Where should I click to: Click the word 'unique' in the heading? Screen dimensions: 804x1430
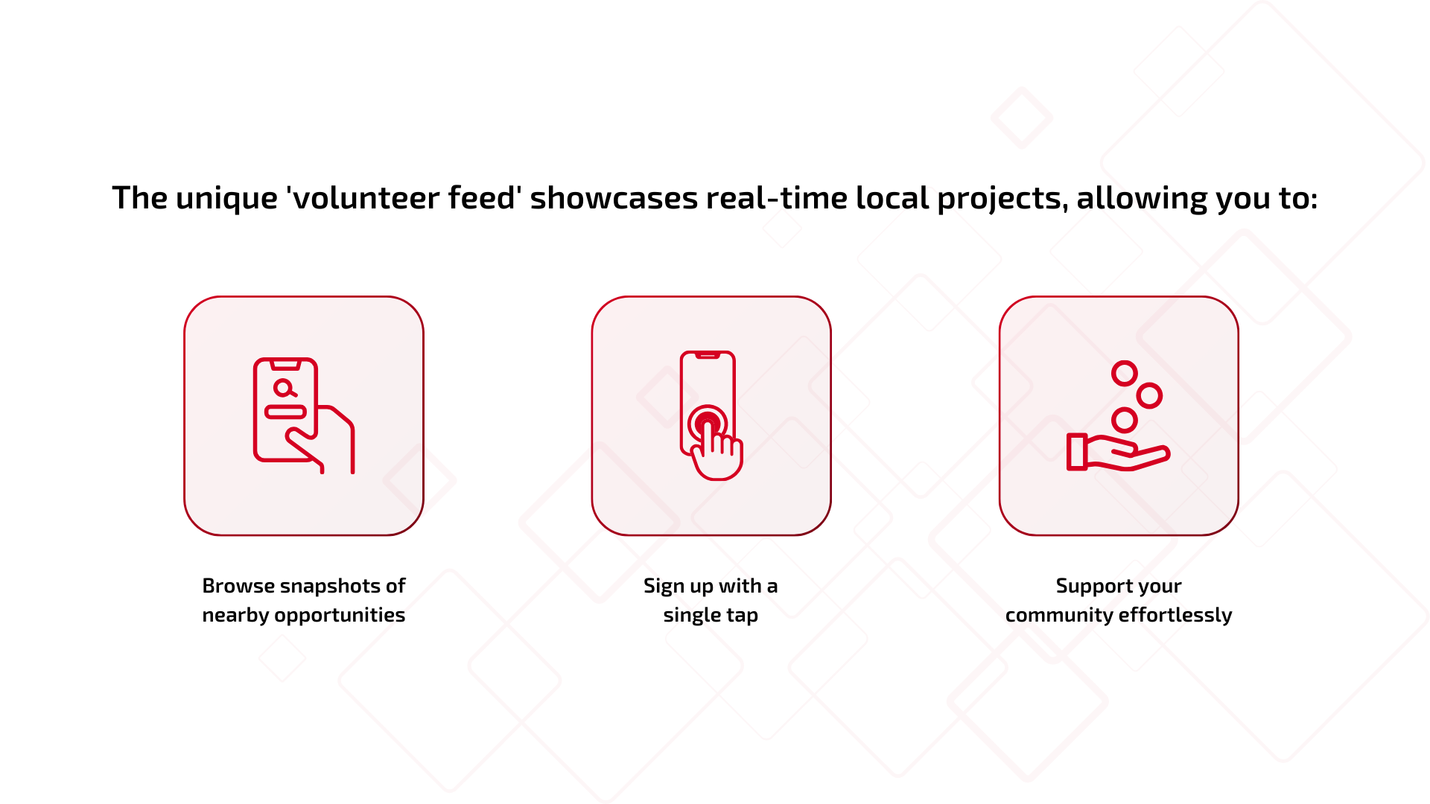226,199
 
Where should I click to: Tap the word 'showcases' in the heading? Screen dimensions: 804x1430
614,199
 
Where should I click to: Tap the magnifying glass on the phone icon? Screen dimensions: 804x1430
284,388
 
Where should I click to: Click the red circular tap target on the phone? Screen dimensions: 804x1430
707,424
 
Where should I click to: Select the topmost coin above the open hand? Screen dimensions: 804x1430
1124,373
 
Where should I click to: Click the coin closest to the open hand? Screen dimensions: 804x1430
1124,421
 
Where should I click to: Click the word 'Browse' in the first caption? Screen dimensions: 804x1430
238,586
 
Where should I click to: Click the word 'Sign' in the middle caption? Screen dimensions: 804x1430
664,587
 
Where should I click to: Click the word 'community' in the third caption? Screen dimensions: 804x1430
1059,616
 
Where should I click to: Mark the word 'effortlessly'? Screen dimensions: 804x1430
1175,616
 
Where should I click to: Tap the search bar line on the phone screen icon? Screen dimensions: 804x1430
286,412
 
